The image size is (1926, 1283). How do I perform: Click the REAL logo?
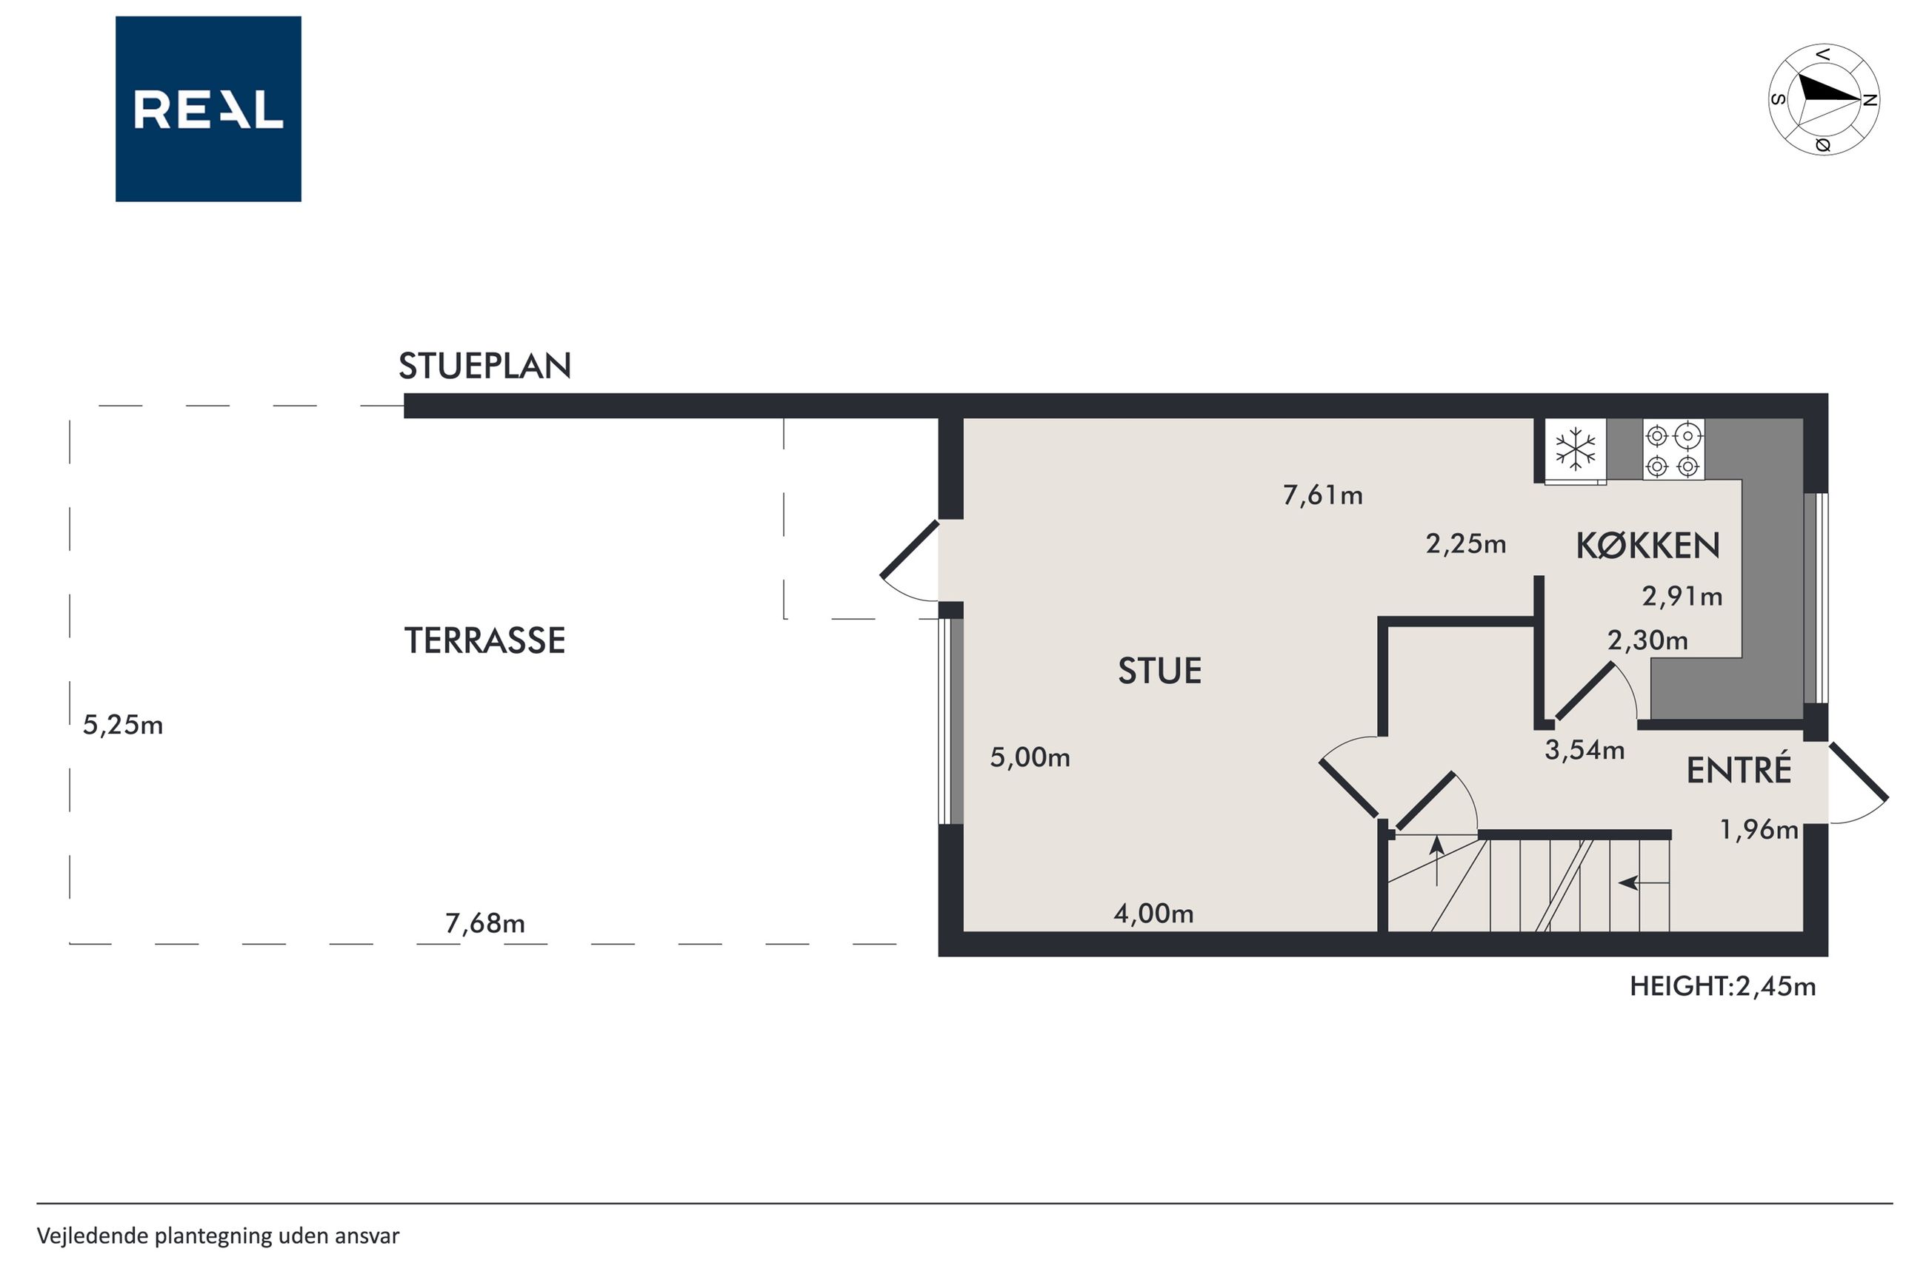(208, 109)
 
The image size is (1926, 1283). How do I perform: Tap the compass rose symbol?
(1824, 100)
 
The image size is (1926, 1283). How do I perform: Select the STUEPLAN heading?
(484, 366)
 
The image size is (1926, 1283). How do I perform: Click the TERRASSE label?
(484, 640)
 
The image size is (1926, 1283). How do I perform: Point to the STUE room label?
(1160, 671)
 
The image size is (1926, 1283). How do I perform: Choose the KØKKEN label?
(1647, 546)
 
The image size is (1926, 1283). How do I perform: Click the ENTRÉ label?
(1739, 769)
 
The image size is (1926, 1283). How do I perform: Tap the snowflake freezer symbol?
(1575, 449)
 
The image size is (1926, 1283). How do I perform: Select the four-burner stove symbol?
(1673, 449)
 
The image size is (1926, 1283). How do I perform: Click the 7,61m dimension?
(1323, 495)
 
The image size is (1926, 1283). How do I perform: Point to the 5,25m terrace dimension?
(123, 725)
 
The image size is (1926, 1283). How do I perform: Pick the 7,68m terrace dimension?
(484, 923)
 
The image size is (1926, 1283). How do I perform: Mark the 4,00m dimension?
(1153, 913)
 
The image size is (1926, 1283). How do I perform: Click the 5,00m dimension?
(1030, 757)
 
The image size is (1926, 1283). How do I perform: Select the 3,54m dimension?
(1584, 749)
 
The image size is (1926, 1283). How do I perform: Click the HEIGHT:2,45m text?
(1722, 986)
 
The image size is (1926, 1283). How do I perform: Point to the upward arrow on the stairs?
(1436, 861)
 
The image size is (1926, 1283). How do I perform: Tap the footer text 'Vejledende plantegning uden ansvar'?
(218, 1236)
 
